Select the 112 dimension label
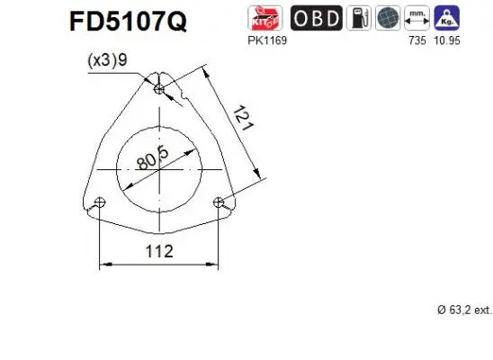pos(158,251)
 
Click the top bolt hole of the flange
pos(159,89)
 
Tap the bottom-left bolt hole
pos(100,202)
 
